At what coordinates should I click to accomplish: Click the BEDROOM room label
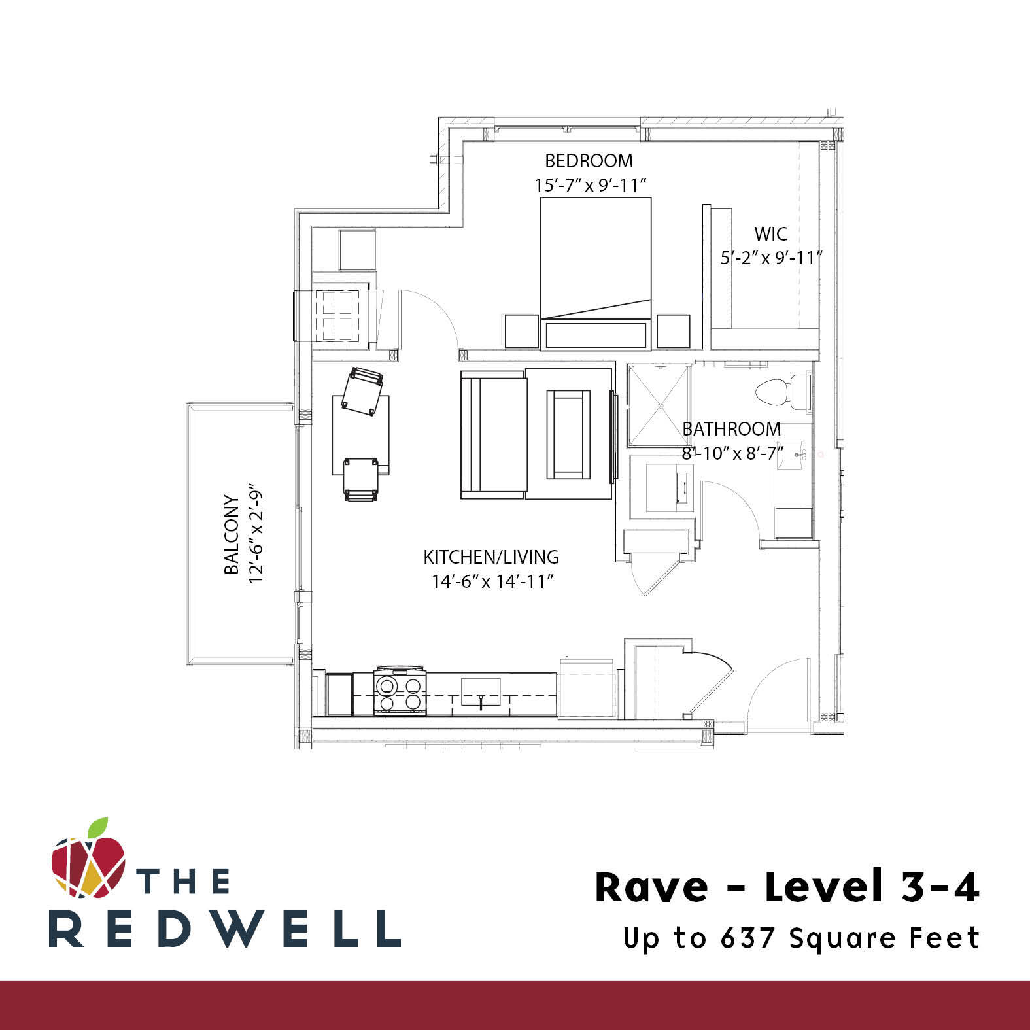[589, 160]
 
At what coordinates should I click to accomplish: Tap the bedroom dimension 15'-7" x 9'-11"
[591, 185]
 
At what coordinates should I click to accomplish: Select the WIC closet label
[770, 233]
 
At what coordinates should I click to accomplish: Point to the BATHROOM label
[731, 429]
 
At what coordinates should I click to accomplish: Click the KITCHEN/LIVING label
[491, 557]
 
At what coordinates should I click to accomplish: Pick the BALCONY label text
[232, 534]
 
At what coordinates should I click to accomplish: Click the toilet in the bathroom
[781, 392]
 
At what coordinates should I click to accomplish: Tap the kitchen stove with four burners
[400, 693]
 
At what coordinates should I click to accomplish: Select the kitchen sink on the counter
[481, 692]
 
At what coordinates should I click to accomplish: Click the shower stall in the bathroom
[659, 405]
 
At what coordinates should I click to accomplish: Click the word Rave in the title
[651, 887]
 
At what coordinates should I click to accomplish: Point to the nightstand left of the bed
[521, 331]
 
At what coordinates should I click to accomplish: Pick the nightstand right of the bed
[673, 331]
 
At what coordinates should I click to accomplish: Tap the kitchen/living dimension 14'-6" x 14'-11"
[492, 581]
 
